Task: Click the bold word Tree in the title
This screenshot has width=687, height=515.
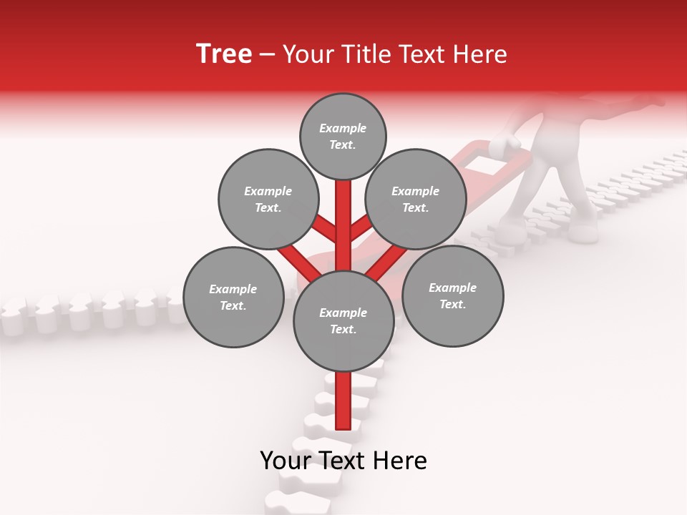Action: (224, 54)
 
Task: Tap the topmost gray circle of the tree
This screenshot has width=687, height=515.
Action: (343, 136)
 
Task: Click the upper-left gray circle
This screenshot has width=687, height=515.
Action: (268, 199)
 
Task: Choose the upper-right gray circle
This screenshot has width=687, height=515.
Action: (415, 199)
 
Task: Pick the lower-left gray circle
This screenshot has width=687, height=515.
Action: (233, 297)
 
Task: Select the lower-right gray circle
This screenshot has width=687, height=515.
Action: (452, 295)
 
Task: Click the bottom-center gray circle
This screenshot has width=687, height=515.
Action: (343, 320)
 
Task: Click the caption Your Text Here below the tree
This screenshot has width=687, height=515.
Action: (343, 461)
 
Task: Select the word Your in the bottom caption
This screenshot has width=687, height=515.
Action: (286, 461)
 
